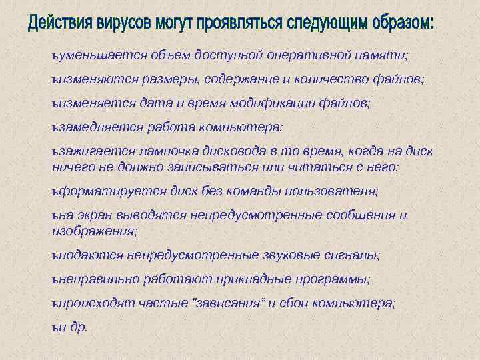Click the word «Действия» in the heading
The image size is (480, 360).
tap(64, 25)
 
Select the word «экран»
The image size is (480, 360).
tap(92, 216)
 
